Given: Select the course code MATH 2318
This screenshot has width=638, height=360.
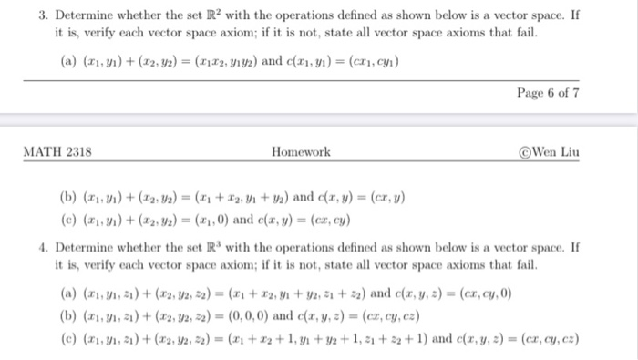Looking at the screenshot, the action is [57, 152].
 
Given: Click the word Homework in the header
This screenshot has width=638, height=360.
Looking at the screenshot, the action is [301, 152].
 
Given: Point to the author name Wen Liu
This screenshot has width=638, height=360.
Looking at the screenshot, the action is [558, 152].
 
